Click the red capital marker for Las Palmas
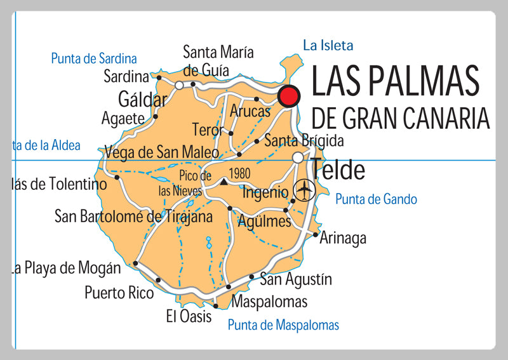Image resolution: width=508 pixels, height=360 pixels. (289, 96)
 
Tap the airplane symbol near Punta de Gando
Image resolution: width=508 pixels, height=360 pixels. (305, 189)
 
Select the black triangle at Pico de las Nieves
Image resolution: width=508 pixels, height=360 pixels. (224, 182)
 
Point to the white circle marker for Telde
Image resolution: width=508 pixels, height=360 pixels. (298, 157)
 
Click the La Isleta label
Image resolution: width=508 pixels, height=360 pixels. (328, 45)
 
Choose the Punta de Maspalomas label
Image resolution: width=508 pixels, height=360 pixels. (283, 325)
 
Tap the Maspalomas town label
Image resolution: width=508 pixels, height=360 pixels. (269, 302)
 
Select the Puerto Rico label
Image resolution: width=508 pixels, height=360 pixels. (119, 293)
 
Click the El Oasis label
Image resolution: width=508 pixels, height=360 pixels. (189, 316)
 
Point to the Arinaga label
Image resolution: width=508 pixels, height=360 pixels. (343, 238)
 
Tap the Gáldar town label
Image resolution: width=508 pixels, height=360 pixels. (143, 100)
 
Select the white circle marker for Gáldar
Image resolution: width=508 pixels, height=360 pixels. (179, 84)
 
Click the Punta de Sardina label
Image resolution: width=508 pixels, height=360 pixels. (94, 59)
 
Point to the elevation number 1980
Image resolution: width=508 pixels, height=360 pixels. (239, 173)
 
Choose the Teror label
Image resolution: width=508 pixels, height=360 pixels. (208, 130)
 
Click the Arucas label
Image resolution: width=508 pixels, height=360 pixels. (250, 111)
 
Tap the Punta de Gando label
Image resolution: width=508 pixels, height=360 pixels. (376, 199)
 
